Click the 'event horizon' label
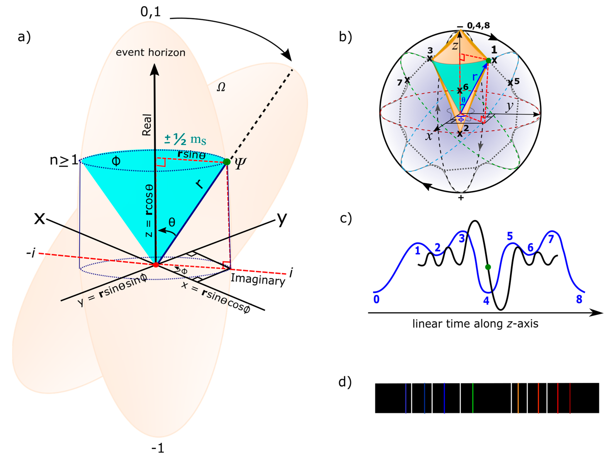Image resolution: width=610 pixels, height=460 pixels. click(x=150, y=52)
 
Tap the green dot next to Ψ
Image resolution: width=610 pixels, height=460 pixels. click(x=227, y=162)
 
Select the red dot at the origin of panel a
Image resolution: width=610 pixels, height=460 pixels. click(x=156, y=265)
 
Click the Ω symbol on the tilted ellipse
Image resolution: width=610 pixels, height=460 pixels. click(x=221, y=87)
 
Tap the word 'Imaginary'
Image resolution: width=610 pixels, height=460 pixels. click(x=258, y=280)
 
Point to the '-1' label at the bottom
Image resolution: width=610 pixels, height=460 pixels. click(x=158, y=448)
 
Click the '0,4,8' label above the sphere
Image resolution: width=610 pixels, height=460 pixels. click(x=478, y=26)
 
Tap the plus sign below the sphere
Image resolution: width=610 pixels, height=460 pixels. click(x=461, y=198)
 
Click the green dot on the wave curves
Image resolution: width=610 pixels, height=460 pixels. click(x=488, y=267)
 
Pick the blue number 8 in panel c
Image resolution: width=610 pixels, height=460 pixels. click(x=579, y=299)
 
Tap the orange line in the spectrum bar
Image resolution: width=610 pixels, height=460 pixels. click(x=518, y=398)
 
